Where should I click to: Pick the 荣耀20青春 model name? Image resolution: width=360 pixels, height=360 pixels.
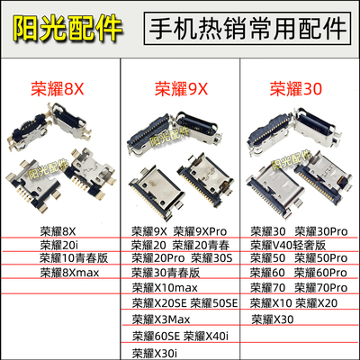(206, 243)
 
